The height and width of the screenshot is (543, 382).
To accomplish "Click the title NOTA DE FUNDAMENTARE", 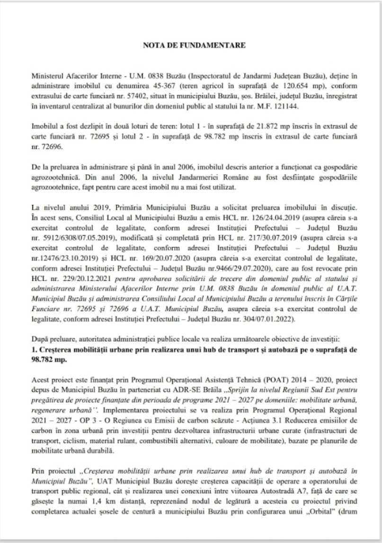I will [191, 47].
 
